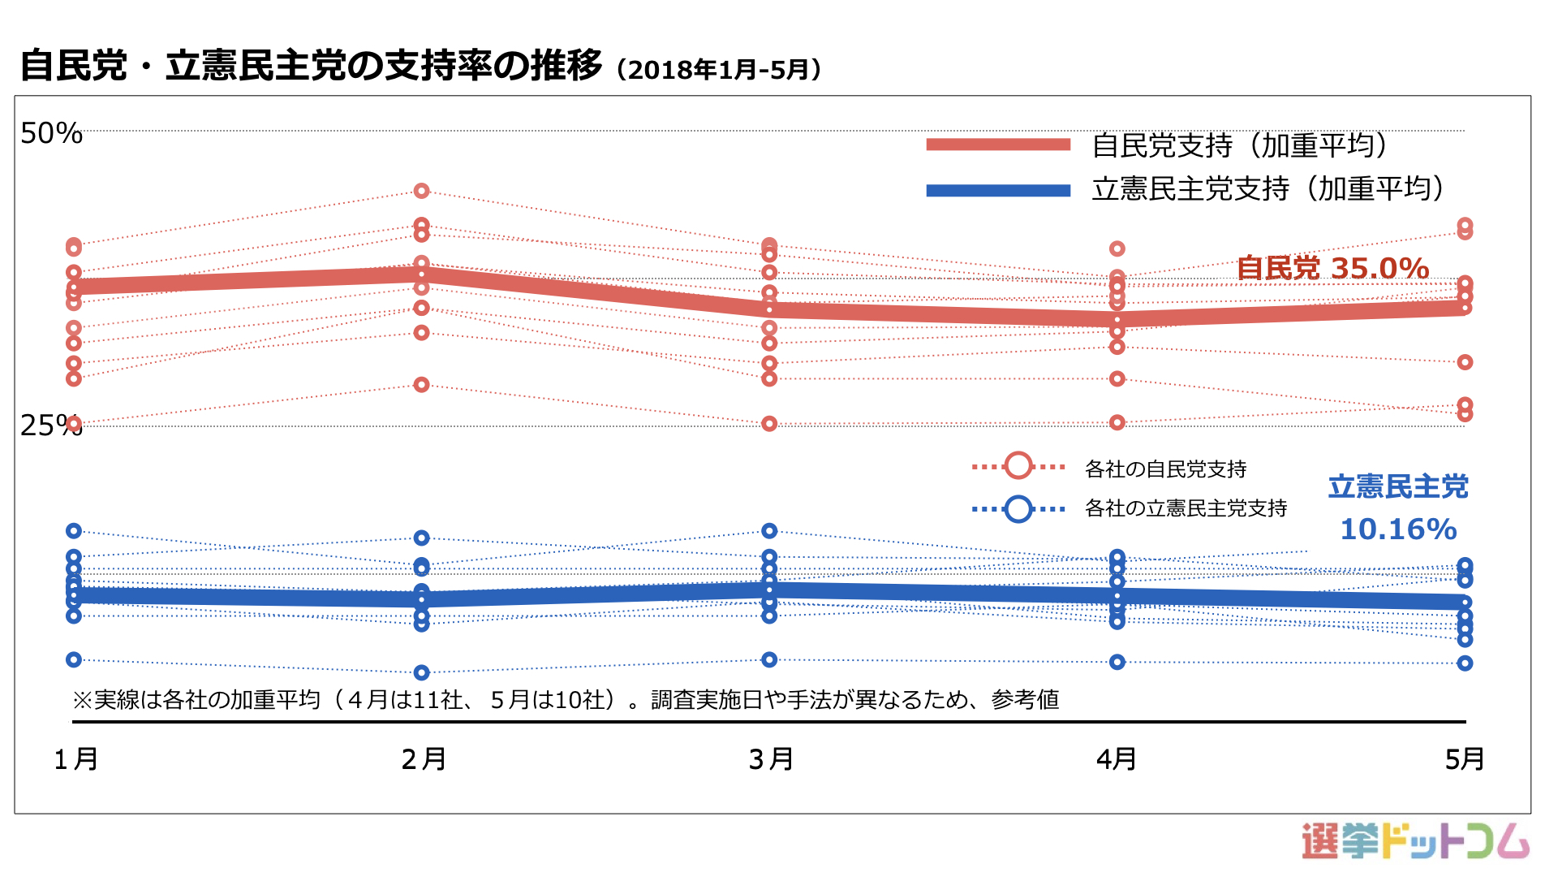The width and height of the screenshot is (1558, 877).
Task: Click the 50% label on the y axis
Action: coord(51,133)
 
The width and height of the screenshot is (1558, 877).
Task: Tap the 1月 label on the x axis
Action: coord(76,759)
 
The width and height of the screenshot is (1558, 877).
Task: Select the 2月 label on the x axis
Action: coord(424,759)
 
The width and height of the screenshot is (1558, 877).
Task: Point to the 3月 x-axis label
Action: coord(771,759)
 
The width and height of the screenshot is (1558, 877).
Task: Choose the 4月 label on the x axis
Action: coord(1117,759)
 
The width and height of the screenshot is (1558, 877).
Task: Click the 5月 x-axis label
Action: coord(1465,759)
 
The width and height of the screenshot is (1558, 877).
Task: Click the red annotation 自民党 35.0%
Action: coord(1332,268)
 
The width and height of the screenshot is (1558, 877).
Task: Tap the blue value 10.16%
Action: coord(1398,529)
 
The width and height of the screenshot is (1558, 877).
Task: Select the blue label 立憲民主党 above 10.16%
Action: coord(1398,486)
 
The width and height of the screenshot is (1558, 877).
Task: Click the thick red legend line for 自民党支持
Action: coord(998,145)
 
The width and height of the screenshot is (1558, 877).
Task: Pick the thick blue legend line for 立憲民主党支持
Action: coord(998,190)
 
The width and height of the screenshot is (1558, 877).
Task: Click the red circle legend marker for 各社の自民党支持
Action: coord(1018,466)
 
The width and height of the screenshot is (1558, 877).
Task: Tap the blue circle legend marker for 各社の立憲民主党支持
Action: coord(1018,509)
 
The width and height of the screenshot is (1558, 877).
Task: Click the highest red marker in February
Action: coord(421,191)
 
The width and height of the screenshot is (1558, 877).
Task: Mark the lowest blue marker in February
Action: coord(421,672)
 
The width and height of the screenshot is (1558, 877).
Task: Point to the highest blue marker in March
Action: coord(769,531)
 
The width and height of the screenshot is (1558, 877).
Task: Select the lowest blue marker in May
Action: coord(1465,663)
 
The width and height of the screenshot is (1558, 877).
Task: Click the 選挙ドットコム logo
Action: coord(1415,841)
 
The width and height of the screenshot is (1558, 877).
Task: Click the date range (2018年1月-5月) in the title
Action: coord(719,70)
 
